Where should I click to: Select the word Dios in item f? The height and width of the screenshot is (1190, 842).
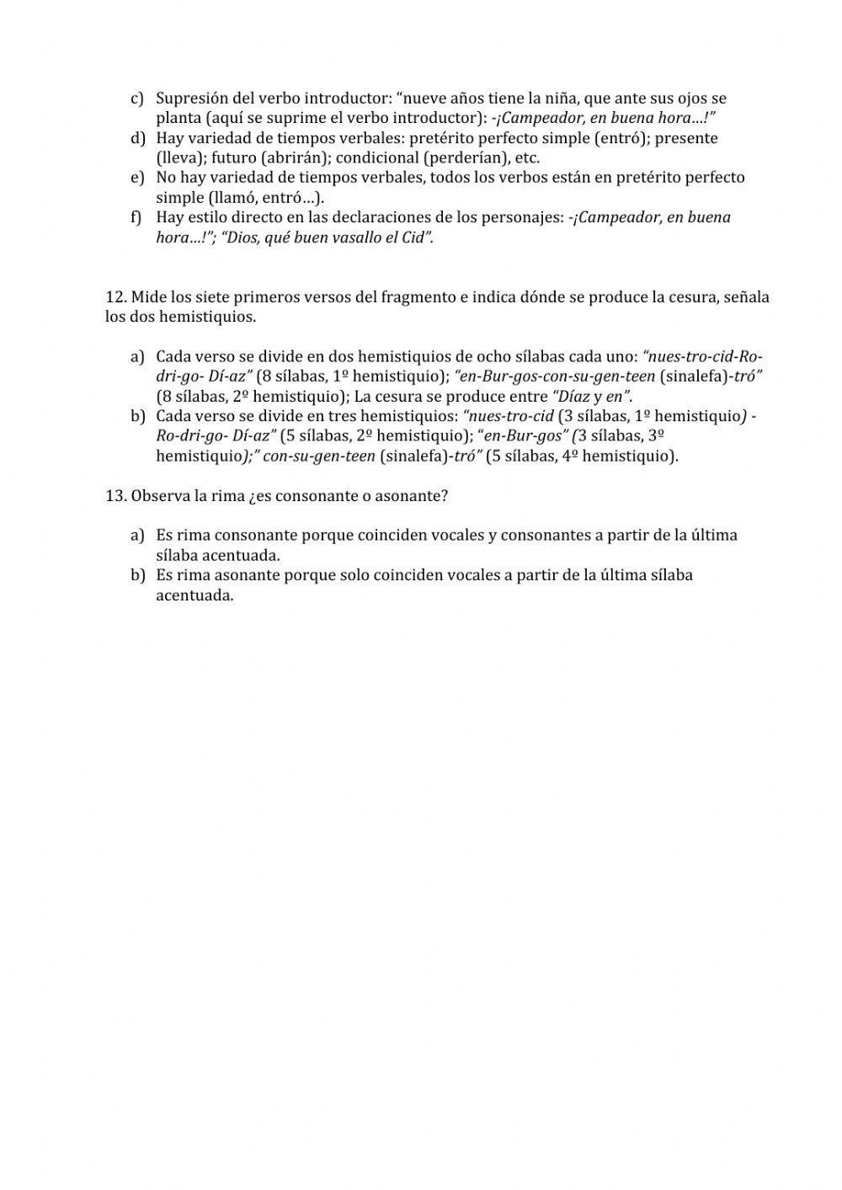click(242, 237)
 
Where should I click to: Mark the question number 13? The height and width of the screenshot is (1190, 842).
click(115, 496)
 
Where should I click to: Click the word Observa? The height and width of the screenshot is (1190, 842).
click(160, 496)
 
